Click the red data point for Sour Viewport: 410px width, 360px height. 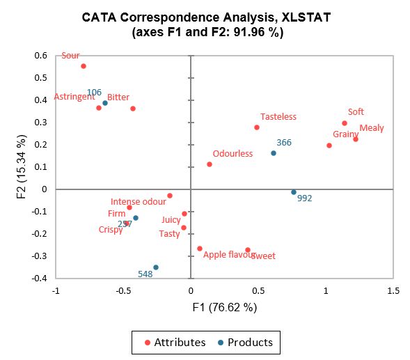[x=84, y=66]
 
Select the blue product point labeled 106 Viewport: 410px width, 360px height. [x=105, y=103]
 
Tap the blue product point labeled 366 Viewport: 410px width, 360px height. [x=273, y=153]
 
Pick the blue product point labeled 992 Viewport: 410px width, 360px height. [x=294, y=192]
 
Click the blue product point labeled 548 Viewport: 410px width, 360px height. [x=156, y=267]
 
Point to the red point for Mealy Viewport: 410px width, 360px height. [x=356, y=139]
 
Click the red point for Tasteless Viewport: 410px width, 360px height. [x=257, y=127]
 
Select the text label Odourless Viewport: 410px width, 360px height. [x=232, y=154]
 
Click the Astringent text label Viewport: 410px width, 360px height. [x=74, y=97]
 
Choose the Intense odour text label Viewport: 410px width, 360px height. [x=139, y=201]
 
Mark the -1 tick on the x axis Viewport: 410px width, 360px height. [x=56, y=290]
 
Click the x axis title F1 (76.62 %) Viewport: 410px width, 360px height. [x=224, y=306]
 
